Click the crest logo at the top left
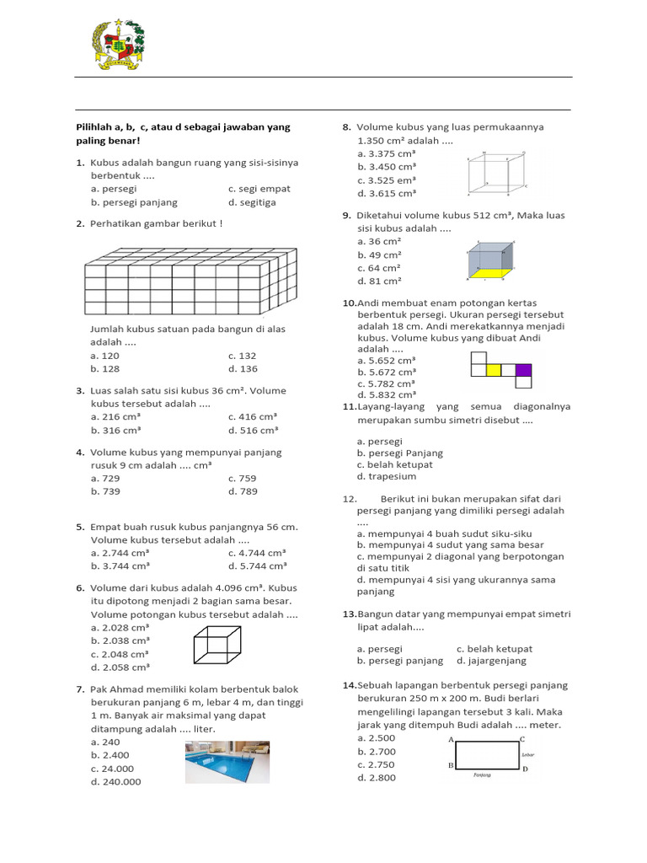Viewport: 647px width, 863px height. pos(117,44)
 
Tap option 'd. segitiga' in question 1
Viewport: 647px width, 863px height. pos(252,202)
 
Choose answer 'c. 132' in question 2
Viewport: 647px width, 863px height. pos(242,356)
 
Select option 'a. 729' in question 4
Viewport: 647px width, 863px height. pos(106,478)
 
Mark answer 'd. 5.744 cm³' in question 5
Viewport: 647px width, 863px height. pos(257,565)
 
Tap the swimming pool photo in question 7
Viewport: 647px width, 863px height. pos(227,762)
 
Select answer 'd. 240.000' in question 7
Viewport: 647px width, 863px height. pos(116,781)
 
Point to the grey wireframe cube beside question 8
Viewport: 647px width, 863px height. pos(497,174)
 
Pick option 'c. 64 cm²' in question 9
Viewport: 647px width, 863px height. pos(379,268)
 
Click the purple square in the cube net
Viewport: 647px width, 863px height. pos(523,369)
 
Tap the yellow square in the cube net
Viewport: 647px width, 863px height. pos(494,369)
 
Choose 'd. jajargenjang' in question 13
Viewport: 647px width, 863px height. pos(495,661)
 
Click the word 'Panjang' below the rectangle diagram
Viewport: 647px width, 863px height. pos(482,775)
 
